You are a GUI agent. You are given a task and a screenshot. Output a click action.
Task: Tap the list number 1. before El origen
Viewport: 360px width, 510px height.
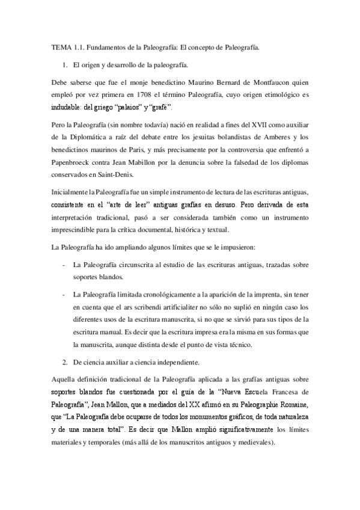pos(65,64)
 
